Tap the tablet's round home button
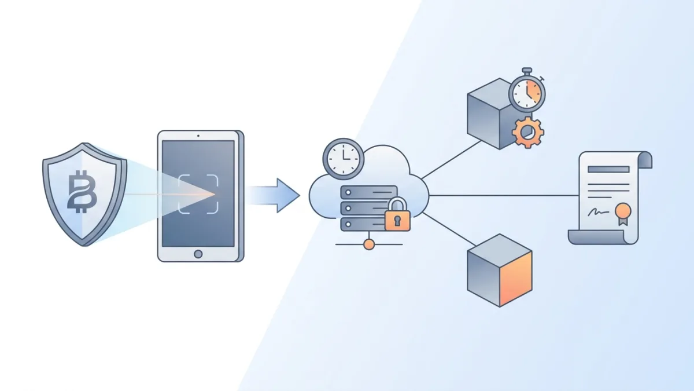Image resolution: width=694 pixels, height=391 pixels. point(198,253)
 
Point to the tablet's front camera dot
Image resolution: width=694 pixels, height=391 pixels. point(198,135)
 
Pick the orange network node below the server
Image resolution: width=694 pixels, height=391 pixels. point(368,244)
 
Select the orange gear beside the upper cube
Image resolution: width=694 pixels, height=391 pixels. point(527,132)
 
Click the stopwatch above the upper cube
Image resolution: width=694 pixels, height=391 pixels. point(527,92)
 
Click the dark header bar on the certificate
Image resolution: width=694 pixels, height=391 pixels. point(608,169)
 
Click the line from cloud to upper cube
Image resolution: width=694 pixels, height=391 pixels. point(451,159)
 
